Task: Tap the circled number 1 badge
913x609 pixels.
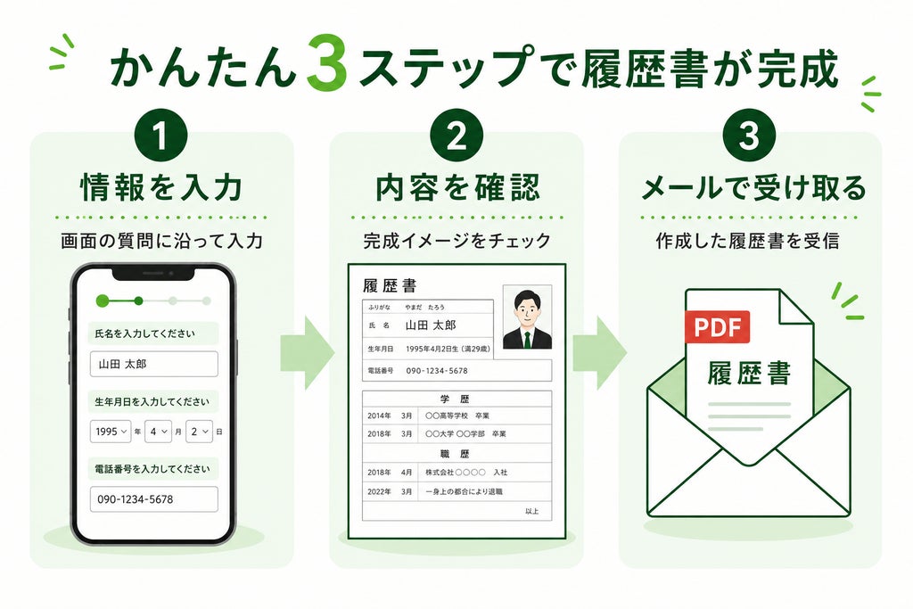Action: [160, 136]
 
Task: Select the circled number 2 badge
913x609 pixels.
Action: [456, 136]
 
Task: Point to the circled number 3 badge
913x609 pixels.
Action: [749, 136]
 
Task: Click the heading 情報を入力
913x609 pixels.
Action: [161, 187]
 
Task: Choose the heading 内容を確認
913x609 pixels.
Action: [457, 187]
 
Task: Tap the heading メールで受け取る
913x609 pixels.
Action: [753, 187]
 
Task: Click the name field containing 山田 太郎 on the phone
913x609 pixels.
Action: [153, 364]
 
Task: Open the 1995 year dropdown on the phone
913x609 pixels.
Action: [111, 432]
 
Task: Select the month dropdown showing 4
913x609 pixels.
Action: [158, 432]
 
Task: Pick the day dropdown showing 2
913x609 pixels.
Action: [199, 432]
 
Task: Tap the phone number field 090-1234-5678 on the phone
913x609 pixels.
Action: [153, 499]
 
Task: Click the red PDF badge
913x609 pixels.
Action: [718, 326]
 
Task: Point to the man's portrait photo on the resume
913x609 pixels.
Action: [527, 317]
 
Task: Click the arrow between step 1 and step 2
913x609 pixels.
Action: [308, 353]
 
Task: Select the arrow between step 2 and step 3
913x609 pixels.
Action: [600, 353]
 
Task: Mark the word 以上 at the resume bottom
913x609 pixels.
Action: [531, 511]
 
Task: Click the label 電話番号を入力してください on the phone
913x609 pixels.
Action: [152, 469]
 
